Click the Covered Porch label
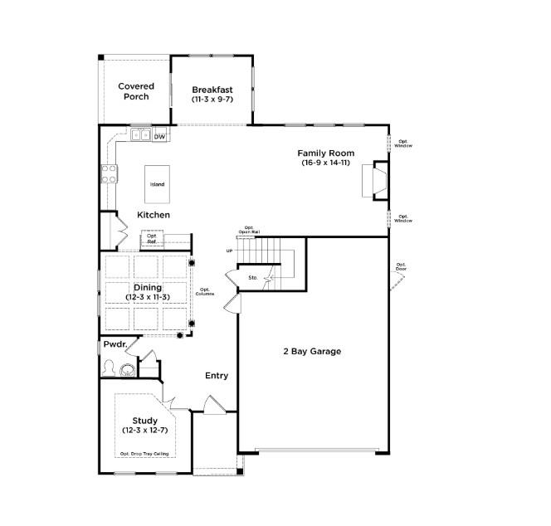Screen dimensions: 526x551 coord(136,91)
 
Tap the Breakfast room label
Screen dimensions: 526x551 coord(212,90)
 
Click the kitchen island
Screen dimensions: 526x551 coord(157,184)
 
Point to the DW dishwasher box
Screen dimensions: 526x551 coord(159,136)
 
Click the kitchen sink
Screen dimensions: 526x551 coord(139,135)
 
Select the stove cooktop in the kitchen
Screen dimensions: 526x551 coord(109,173)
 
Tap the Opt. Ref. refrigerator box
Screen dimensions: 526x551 coord(152,238)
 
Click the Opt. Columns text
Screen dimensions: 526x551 coord(207,292)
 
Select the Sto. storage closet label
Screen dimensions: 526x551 coord(253,278)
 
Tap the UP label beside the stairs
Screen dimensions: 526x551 coord(229,251)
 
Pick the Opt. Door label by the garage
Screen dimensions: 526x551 coord(401,266)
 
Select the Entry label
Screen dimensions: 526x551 coord(217,376)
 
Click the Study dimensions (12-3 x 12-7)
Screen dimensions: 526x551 coord(145,431)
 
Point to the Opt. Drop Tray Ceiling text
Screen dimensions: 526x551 coord(145,454)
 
